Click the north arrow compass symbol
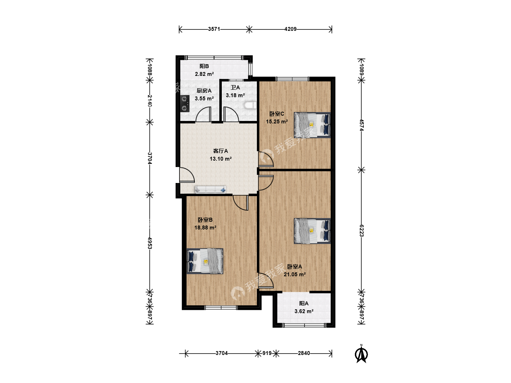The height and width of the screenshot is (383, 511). [x=361, y=354]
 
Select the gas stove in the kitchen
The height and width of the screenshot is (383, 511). [x=185, y=104]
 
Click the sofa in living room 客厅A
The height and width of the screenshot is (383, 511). [x=210, y=189]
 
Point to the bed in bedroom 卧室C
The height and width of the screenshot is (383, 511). [x=312, y=125]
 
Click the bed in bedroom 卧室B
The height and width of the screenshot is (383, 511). [x=205, y=261]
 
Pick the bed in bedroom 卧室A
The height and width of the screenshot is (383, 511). [x=312, y=231]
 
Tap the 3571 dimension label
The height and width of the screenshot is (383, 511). [x=214, y=29]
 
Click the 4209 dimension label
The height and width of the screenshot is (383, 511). [x=290, y=29]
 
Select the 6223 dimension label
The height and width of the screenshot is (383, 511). [x=362, y=231]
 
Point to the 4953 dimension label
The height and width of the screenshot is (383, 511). [x=150, y=243]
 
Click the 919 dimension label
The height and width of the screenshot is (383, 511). [x=267, y=353]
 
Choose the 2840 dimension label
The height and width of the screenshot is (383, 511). [x=304, y=353]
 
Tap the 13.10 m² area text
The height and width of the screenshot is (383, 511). [x=220, y=159]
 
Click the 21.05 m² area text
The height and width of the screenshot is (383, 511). [x=295, y=274]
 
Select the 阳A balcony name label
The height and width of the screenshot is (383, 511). [x=304, y=304]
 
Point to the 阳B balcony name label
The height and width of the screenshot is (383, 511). [x=204, y=66]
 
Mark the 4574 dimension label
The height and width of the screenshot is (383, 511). [x=362, y=125]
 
